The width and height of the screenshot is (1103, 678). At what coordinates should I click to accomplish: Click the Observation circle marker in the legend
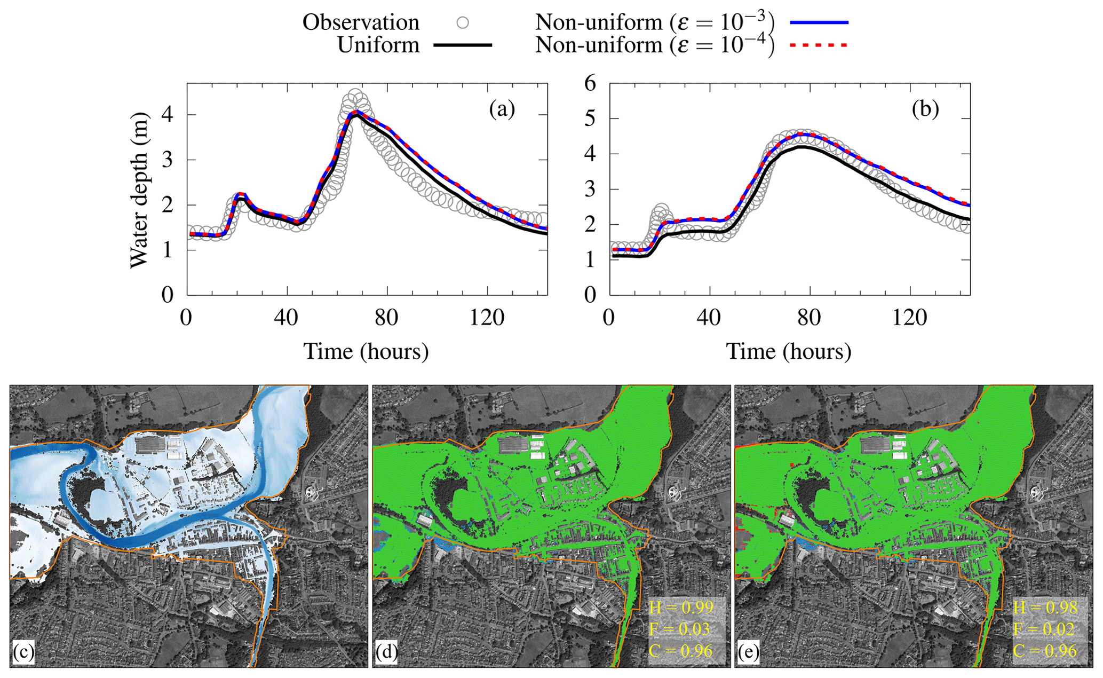point(463,22)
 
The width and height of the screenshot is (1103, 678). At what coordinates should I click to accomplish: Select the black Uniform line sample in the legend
point(463,45)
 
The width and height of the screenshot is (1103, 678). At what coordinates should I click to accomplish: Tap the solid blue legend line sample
point(819,22)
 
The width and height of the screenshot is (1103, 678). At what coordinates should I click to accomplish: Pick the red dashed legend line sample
point(819,45)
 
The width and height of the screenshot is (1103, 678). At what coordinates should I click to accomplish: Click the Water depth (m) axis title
point(139,190)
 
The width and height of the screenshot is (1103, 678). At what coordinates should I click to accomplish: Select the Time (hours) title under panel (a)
point(366,352)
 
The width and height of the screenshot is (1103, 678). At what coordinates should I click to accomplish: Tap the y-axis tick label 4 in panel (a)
point(168,115)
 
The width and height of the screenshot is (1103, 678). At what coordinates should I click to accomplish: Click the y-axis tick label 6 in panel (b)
point(590,83)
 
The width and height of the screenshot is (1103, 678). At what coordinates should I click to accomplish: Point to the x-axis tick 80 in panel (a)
point(386,318)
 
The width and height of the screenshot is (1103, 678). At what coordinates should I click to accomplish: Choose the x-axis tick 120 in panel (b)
point(910,318)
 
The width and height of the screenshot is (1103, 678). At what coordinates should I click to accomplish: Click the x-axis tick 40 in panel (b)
point(709,318)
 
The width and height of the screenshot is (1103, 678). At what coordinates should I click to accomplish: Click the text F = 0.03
point(680,629)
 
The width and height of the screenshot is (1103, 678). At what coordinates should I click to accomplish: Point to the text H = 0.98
point(1045,608)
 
